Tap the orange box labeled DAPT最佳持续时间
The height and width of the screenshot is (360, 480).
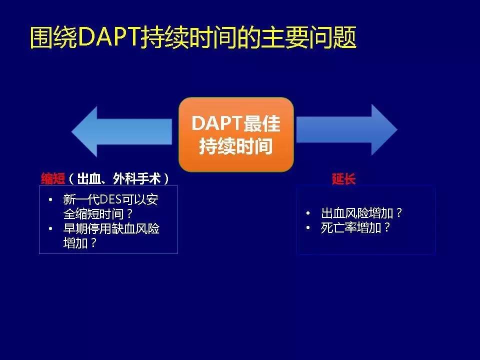[x=236, y=134]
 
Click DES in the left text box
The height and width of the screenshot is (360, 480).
[x=110, y=200]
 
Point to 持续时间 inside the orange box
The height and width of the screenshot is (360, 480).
[x=236, y=147]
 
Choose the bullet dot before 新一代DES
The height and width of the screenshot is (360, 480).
[x=50, y=200]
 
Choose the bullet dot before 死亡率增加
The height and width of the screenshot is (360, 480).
[x=308, y=228]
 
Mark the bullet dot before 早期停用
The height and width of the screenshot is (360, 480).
[x=50, y=229]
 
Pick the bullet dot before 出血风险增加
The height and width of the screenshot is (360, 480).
[x=308, y=213]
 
